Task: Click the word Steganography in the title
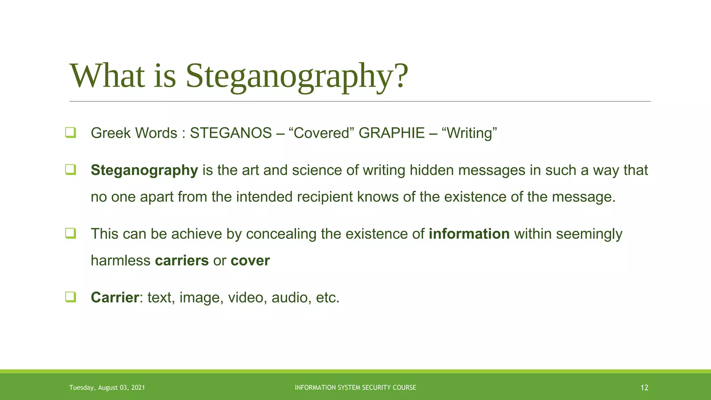[297, 76]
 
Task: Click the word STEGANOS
[231, 133]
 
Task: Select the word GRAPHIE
[392, 133]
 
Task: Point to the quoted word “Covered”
[321, 133]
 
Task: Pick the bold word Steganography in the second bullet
[144, 170]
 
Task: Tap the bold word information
[469, 234]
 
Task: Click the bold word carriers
[182, 260]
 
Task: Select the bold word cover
[250, 260]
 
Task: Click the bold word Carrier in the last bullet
[115, 298]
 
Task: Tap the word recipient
[325, 197]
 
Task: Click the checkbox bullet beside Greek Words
[70, 133]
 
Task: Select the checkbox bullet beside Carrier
[70, 297]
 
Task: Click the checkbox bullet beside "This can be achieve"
[70, 233]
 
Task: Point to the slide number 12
[644, 388]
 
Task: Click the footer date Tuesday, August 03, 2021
[107, 387]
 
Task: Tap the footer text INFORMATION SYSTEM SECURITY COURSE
[355, 387]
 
